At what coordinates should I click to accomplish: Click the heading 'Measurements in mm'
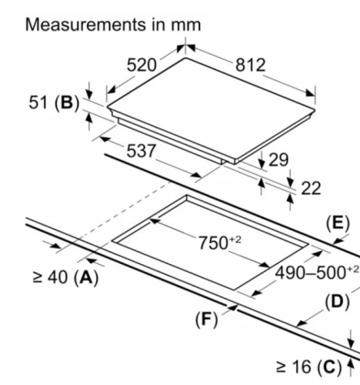[113, 25]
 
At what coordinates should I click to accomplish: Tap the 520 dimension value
[142, 65]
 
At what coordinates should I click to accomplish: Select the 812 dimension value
[250, 65]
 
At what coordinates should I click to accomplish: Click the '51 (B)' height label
[54, 102]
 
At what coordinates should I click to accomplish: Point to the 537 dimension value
[141, 151]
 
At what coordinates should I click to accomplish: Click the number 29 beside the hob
[278, 160]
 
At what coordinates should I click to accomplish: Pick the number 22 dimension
[311, 188]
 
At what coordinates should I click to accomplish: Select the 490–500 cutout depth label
[317, 273]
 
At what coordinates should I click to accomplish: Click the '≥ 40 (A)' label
[65, 277]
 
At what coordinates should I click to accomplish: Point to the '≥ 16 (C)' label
[309, 367]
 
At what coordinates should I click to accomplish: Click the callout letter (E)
[338, 223]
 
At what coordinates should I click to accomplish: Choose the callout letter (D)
[338, 302]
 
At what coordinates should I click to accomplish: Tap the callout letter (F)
[206, 320]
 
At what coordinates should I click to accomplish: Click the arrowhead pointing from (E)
[338, 241]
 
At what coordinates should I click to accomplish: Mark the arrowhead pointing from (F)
[232, 307]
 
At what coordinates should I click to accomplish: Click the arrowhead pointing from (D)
[302, 323]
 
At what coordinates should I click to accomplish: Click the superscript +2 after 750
[235, 239]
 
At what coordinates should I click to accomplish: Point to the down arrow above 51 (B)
[89, 94]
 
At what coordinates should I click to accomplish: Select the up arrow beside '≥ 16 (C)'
[351, 363]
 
